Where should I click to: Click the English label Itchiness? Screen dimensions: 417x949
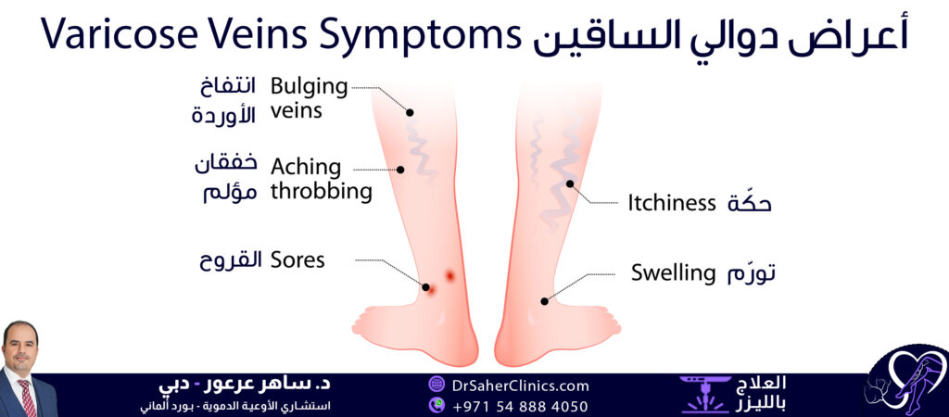tap(672, 203)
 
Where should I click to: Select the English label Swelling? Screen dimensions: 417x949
tap(674, 273)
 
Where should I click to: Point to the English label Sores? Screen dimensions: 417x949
tap(297, 259)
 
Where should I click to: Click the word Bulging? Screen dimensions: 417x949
tap(309, 87)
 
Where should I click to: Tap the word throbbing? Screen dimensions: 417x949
tap(321, 192)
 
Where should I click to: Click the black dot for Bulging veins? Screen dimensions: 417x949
tap(410, 111)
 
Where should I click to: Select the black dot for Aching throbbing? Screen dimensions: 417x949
tap(401, 170)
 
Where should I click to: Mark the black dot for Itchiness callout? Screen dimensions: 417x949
tap(570, 183)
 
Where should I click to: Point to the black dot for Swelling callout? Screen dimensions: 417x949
tap(545, 301)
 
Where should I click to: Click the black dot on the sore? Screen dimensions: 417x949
tap(427, 284)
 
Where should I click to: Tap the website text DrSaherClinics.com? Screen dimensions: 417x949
tap(521, 385)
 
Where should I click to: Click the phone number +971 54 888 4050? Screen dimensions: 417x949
tap(521, 405)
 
